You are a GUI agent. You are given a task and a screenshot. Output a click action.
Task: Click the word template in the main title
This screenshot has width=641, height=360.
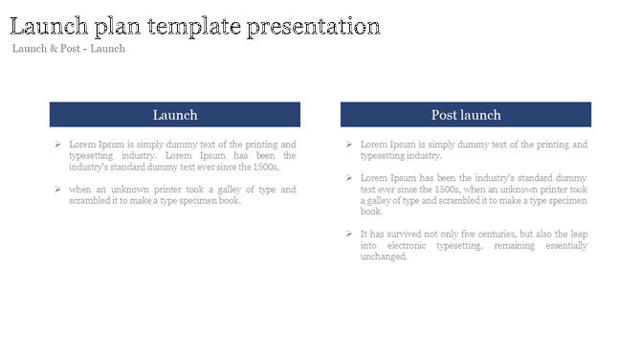point(194,27)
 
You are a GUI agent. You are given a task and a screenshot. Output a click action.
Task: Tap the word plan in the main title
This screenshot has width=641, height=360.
point(123,27)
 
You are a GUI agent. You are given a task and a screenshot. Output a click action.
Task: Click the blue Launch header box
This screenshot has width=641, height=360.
point(175,115)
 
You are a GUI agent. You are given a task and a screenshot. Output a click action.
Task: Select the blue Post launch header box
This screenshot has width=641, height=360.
point(466,115)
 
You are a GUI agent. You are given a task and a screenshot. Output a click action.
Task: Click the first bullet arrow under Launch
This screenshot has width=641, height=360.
point(58,145)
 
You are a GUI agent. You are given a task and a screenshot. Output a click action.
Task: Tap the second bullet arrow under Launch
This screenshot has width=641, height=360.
point(58,190)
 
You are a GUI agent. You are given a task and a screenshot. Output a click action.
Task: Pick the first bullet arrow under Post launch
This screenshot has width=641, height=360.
point(350,145)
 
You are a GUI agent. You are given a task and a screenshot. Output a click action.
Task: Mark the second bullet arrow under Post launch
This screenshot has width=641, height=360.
point(350,178)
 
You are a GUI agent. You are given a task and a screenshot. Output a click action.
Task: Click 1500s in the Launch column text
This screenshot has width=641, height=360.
point(263,167)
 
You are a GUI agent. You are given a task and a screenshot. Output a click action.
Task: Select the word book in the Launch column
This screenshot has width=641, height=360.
point(229,200)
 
